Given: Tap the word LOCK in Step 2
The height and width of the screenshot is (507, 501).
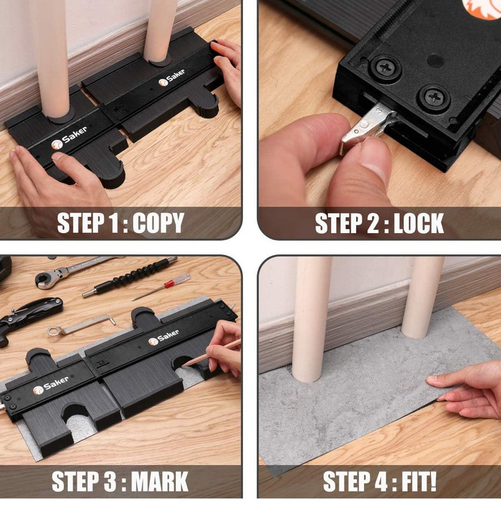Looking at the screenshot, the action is tap(418, 223).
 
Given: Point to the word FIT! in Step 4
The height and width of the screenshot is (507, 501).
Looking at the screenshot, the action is tap(419, 482).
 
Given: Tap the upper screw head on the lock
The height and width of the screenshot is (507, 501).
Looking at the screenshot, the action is tap(387, 69).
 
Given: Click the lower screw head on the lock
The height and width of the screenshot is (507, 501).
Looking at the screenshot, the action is tap(433, 97).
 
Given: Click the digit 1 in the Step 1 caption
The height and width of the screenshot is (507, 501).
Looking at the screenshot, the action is tap(114, 223).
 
